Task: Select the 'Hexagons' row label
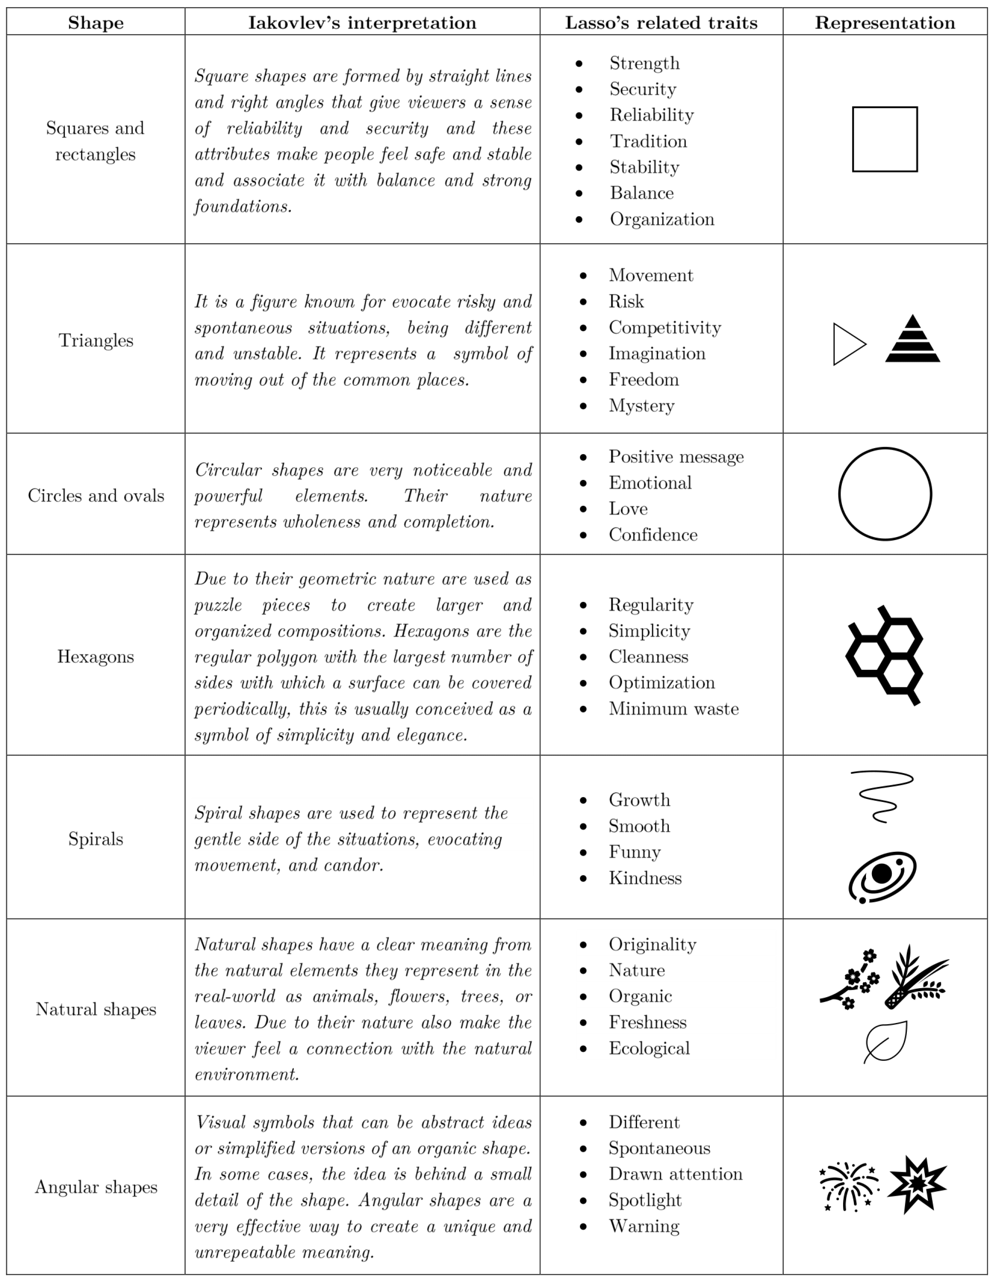[95, 656]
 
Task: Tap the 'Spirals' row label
[95, 839]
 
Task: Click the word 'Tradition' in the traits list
[648, 141]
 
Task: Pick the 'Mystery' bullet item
[641, 406]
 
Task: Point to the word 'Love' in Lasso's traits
[628, 509]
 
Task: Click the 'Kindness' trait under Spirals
[645, 878]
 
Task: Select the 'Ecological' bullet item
[649, 1048]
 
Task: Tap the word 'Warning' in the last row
[644, 1226]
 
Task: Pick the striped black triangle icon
[912, 340]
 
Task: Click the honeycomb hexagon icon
[884, 655]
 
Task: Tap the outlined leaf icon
[886, 1042]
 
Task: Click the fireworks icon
[848, 1186]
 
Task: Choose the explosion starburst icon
[917, 1184]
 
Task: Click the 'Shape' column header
[95, 23]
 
